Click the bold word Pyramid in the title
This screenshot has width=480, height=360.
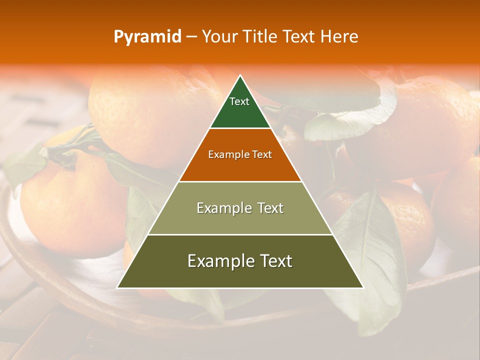coord(147,36)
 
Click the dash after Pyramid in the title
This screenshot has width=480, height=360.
coord(191,37)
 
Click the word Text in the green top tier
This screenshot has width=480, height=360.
coord(239,101)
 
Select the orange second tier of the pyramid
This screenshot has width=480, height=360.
coord(240,167)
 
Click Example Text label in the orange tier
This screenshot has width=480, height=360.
coord(240,154)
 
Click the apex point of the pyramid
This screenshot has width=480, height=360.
coord(240,75)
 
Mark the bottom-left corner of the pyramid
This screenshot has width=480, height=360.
coord(117,287)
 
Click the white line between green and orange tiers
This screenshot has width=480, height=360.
coord(240,128)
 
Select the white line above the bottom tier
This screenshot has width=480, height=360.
coord(240,234)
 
